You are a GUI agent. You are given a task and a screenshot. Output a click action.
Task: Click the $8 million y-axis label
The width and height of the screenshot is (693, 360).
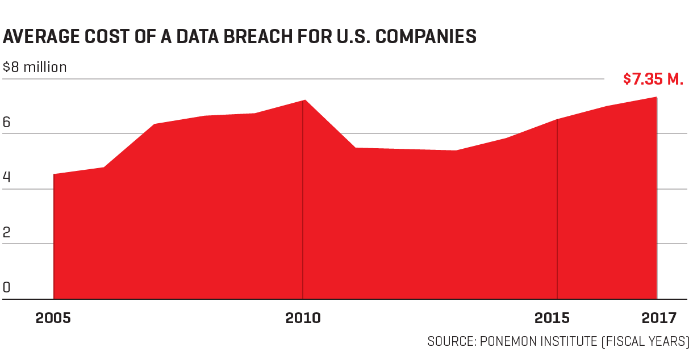coord(35,67)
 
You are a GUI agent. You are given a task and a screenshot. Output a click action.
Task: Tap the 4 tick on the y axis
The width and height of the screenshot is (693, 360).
coord(7,177)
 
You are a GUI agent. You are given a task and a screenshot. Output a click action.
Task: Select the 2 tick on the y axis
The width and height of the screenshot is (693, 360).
coord(7,232)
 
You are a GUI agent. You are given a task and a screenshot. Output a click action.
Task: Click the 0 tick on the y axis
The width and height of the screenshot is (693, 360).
coord(7,287)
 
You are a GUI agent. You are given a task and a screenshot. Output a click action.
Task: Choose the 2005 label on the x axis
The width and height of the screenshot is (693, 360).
coord(53,318)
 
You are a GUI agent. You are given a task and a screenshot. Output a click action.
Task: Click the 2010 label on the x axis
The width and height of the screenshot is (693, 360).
coord(303,318)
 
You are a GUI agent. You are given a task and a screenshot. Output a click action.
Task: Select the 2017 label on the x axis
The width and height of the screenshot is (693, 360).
coord(659,318)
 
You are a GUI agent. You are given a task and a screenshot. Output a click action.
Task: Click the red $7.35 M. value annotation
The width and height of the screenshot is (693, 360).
coord(653,79)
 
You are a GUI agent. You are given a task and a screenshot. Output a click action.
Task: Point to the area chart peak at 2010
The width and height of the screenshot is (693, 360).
coord(303,101)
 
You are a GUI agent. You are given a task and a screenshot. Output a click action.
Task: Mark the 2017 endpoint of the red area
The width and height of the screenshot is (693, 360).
coord(657,98)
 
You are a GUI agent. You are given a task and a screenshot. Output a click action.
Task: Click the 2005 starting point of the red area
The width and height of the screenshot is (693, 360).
coord(54,174)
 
